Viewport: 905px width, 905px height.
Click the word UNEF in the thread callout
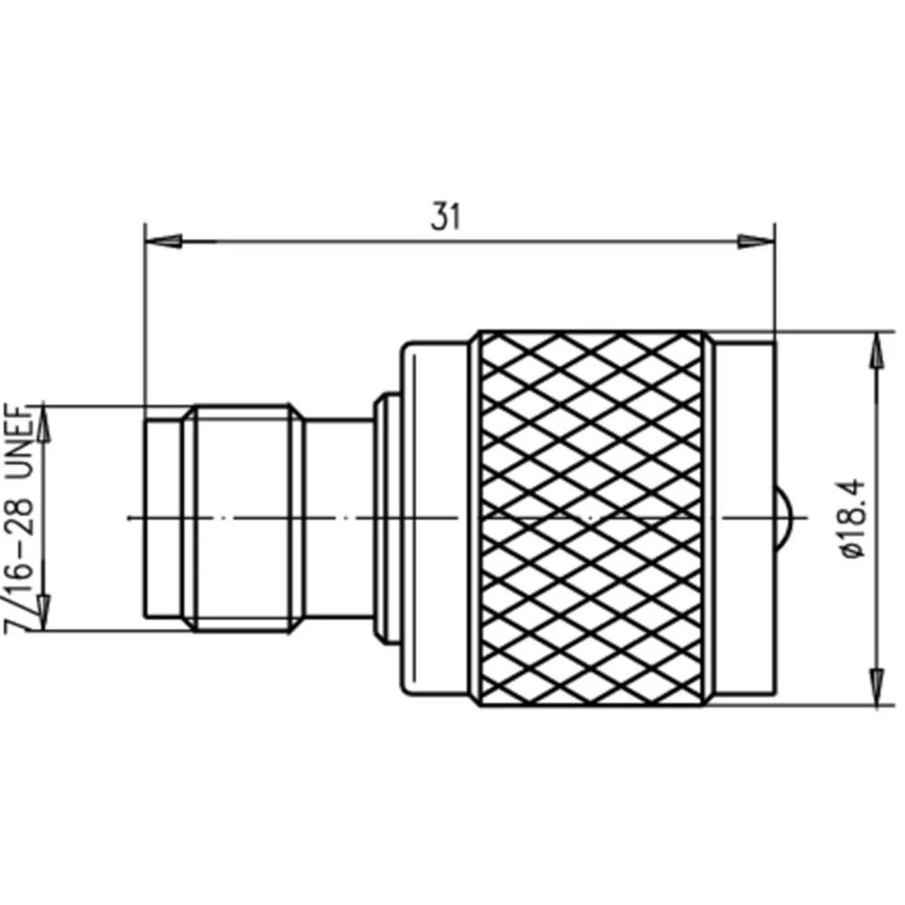[20, 443]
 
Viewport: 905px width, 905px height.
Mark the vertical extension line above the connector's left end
[145, 317]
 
